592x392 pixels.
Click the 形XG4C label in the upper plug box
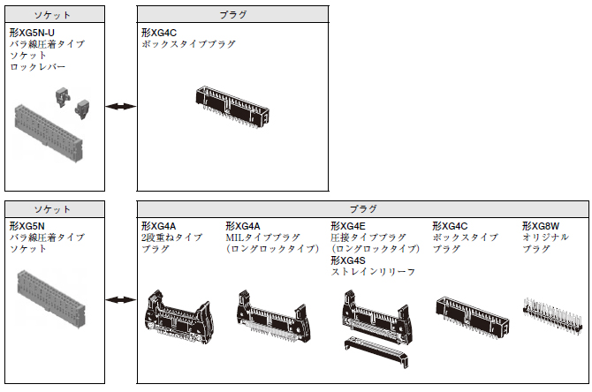pos(158,32)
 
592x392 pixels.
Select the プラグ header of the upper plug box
pos(232,15)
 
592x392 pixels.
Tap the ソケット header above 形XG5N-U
pos(52,15)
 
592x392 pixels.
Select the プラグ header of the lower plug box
pos(362,209)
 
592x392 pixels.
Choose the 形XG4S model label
pos(348,260)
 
